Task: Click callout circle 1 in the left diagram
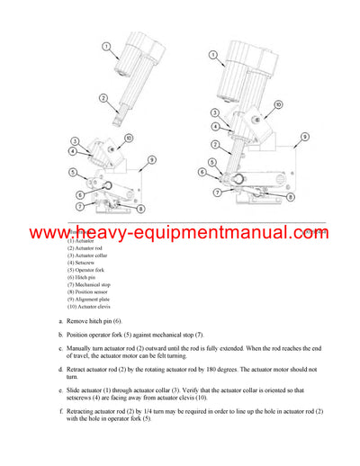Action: point(105,46)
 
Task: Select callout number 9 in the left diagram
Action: point(151,159)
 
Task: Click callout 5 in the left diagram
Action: point(73,172)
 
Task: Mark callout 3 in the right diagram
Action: point(214,112)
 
